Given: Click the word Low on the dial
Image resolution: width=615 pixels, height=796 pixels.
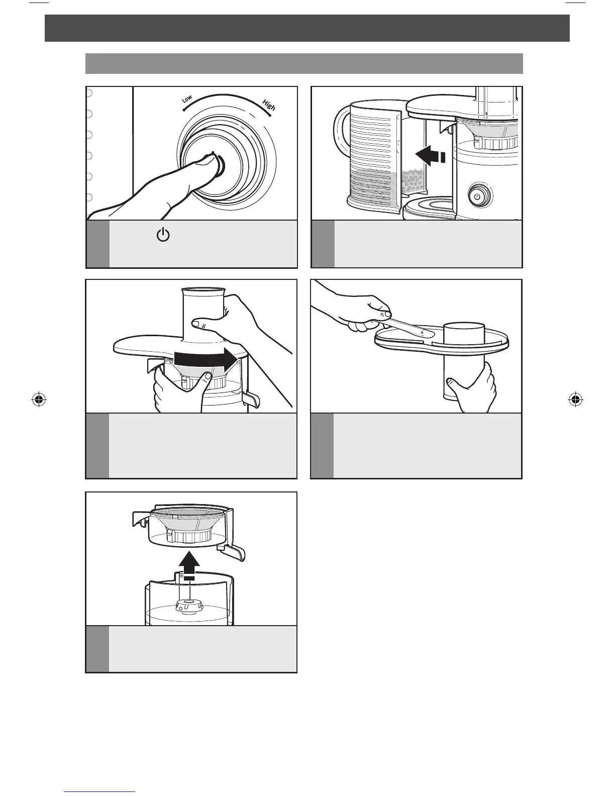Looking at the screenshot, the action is coord(187,99).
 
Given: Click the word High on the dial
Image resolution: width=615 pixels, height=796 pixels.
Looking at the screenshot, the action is coord(269,106).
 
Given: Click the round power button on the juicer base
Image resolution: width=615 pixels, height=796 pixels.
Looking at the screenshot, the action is coord(477,196).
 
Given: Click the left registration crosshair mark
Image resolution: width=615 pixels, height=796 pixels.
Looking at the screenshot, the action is coord(38,400).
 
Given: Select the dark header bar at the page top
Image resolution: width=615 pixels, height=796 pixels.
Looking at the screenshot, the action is coord(307,28).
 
